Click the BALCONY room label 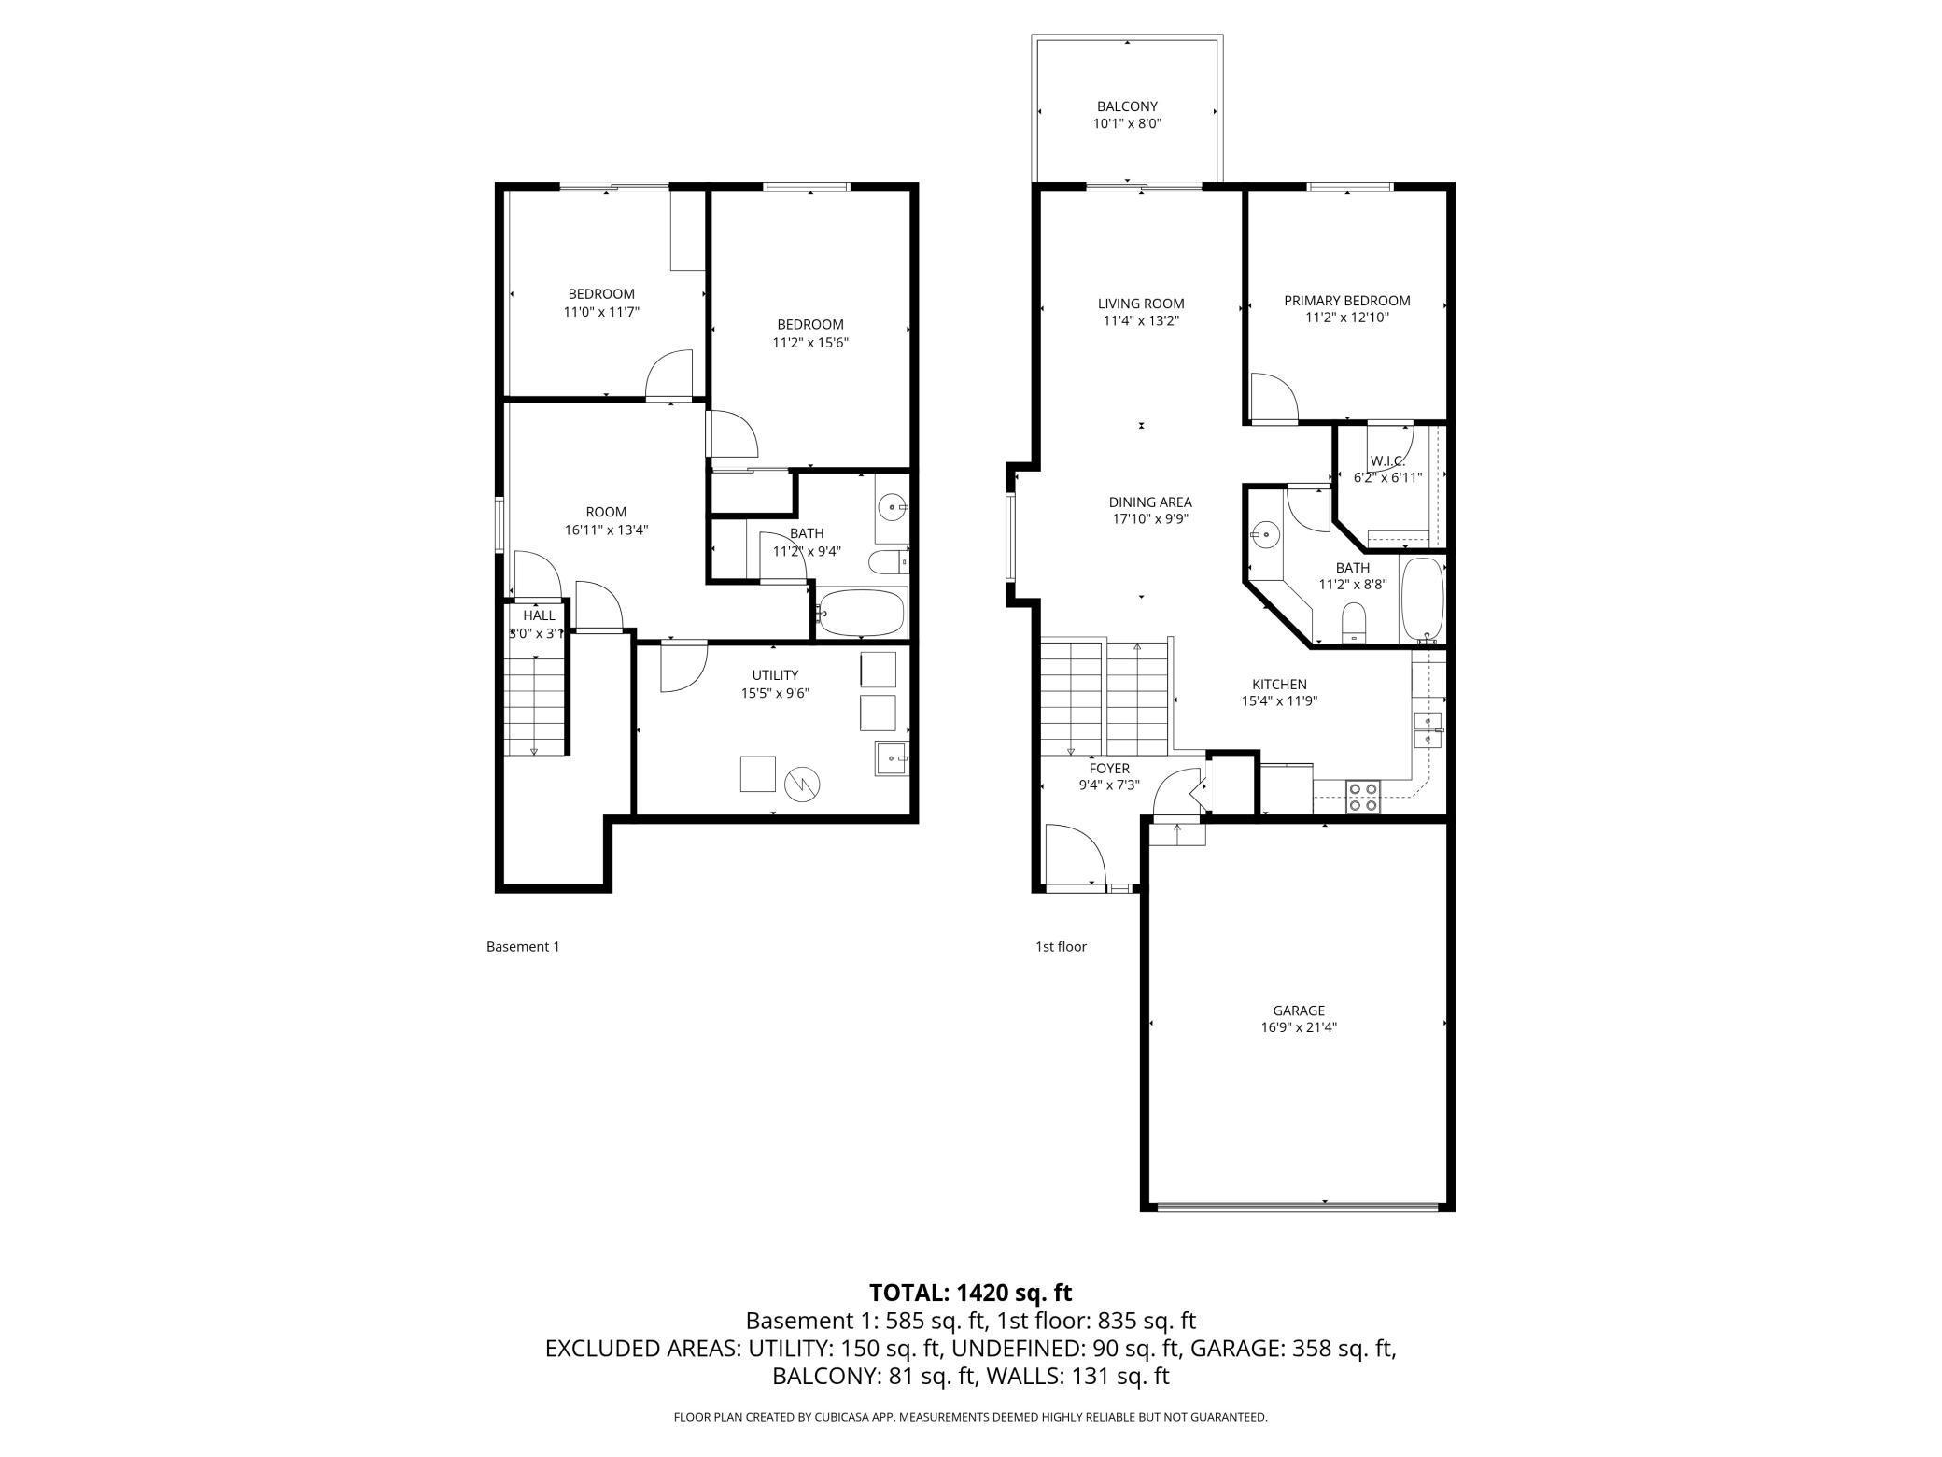click(1127, 106)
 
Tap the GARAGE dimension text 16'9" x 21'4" click(1299, 1027)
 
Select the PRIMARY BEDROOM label click(1346, 301)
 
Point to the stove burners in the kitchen click(1361, 797)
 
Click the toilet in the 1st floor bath click(1353, 622)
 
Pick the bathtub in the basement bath click(862, 612)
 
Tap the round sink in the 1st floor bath click(1266, 536)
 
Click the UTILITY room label click(775, 675)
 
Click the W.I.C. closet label click(1387, 461)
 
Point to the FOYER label click(1109, 769)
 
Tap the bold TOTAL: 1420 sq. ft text click(971, 1293)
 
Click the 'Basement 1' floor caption click(523, 946)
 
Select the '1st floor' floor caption click(1061, 946)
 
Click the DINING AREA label click(1150, 502)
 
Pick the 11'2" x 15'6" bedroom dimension click(810, 342)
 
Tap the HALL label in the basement click(539, 615)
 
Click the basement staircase click(537, 705)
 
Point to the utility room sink click(892, 757)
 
